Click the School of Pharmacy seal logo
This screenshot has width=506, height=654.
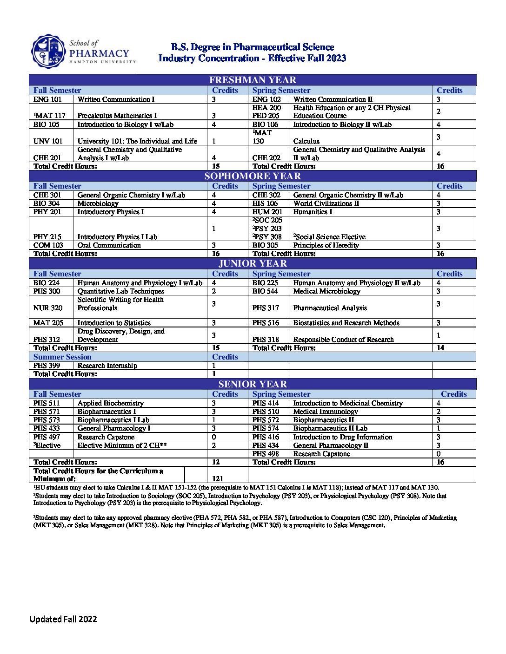click(49, 51)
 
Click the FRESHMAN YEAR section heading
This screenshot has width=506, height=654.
click(253, 80)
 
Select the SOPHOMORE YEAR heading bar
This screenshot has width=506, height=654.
click(253, 176)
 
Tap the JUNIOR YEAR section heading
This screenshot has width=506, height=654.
click(253, 263)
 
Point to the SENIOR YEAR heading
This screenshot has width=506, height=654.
click(253, 384)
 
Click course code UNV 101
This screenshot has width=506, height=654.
click(48, 141)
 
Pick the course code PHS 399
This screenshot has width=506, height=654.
click(47, 366)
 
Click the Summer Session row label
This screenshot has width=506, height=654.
click(62, 357)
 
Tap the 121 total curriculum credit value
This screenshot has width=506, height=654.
click(218, 478)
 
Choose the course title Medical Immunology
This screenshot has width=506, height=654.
click(326, 412)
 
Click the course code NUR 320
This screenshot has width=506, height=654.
click(48, 308)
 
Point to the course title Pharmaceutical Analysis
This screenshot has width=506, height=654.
click(330, 308)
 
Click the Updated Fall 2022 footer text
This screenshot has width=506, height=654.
click(63, 619)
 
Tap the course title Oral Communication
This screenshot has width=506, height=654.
click(109, 245)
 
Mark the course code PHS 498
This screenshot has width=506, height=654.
click(266, 454)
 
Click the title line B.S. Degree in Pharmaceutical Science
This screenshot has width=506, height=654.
click(252, 47)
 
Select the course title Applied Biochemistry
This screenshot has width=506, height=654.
click(110, 403)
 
